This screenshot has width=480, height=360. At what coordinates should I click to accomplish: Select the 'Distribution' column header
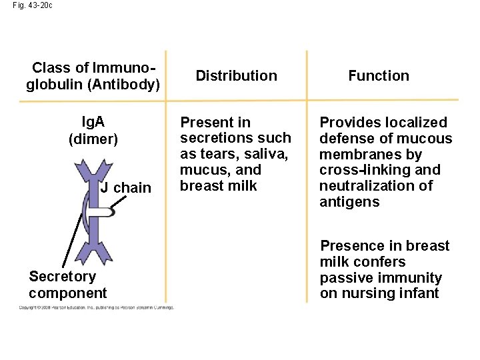(x=236, y=76)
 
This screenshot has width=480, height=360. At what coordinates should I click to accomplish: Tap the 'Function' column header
(x=379, y=76)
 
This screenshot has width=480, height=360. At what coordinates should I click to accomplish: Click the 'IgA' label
(x=93, y=123)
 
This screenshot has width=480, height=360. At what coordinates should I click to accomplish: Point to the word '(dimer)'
(x=93, y=139)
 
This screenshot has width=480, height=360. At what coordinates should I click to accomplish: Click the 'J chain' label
(x=126, y=188)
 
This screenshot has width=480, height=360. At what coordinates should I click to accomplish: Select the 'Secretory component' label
(x=67, y=285)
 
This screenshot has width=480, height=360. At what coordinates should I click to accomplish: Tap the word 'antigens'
(x=349, y=202)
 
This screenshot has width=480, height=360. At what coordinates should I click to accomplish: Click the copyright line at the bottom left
(x=96, y=307)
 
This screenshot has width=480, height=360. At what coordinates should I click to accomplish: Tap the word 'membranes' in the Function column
(x=357, y=154)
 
